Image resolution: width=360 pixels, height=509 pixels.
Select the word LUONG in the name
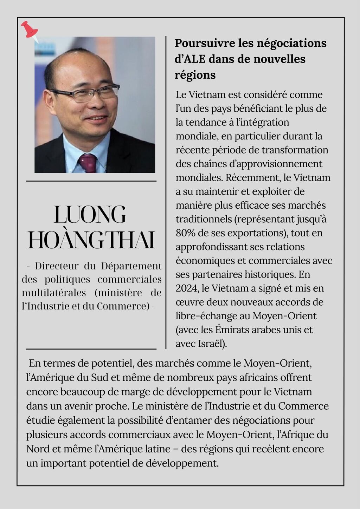(x=90, y=215)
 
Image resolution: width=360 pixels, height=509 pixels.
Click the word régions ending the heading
(x=195, y=74)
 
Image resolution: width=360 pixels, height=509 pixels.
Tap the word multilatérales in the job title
(x=54, y=293)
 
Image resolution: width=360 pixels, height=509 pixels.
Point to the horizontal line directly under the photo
(x=91, y=181)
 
